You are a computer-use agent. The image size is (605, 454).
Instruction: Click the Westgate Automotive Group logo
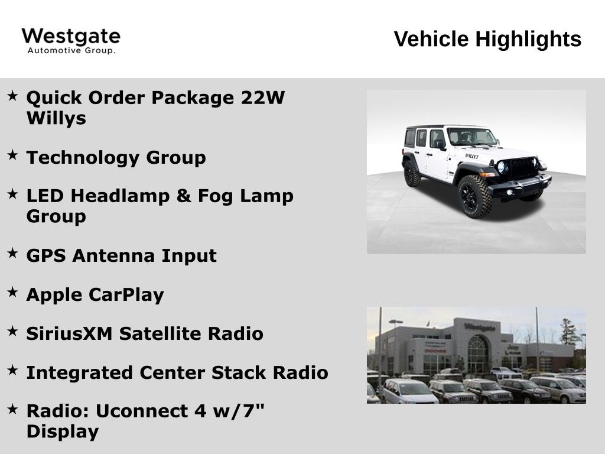click(x=71, y=41)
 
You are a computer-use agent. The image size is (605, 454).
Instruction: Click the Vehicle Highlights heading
click(x=487, y=40)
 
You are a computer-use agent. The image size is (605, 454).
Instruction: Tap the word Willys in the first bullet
click(x=56, y=118)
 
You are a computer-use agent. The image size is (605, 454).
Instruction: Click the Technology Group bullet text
click(x=116, y=158)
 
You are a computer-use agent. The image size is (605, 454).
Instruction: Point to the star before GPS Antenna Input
click(x=12, y=254)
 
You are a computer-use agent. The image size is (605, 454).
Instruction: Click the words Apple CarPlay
click(x=95, y=294)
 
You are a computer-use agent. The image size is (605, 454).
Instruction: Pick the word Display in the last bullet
click(x=63, y=432)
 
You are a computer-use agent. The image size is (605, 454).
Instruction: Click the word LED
click(x=44, y=196)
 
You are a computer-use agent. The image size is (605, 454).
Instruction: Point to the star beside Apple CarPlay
click(x=12, y=293)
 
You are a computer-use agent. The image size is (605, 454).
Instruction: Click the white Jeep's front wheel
click(x=475, y=196)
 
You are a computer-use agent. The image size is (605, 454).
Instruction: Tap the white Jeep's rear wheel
click(x=412, y=173)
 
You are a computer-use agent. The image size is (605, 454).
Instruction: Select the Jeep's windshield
click(x=471, y=137)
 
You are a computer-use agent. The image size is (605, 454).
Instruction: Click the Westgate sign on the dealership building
click(x=479, y=327)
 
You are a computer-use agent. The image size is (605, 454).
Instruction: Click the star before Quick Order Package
click(x=12, y=96)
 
